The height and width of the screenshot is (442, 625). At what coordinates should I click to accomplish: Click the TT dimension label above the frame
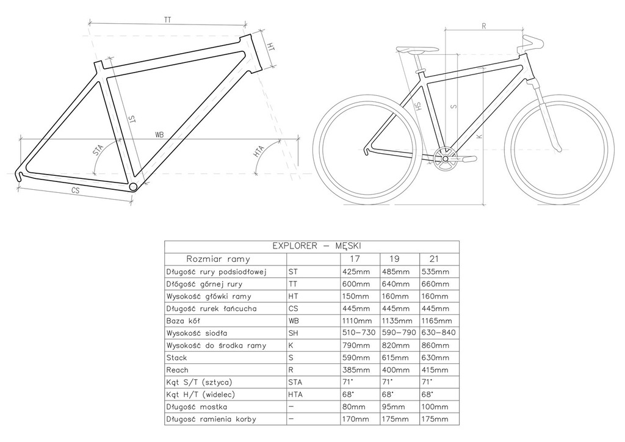coord(168,20)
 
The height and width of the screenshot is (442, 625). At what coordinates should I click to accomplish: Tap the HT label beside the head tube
coord(270,46)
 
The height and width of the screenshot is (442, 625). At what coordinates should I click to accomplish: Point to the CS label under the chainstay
coord(75,190)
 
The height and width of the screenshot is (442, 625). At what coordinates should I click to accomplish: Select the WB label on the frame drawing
coord(159,135)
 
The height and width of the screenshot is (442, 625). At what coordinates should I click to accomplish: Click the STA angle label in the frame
coord(98,150)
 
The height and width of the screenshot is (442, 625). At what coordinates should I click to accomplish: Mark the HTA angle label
coord(259,152)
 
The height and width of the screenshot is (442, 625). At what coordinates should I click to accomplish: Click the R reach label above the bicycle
coord(484,26)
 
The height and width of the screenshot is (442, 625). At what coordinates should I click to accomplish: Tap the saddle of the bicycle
coord(417,50)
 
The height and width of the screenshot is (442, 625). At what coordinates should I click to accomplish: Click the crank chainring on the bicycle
coord(445,159)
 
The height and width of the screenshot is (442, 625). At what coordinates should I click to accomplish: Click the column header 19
coord(394,259)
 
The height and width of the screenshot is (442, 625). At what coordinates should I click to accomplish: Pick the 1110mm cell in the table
coord(356,321)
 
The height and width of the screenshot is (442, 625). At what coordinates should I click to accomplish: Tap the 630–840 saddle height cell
coord(438,333)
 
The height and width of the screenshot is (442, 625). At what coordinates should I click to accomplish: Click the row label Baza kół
coord(183,321)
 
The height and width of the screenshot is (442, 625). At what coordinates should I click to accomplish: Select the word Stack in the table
coord(176,358)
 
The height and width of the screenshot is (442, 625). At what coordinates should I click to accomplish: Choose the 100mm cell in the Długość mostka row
coord(435,407)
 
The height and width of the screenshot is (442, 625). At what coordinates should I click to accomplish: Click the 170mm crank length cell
coord(356,419)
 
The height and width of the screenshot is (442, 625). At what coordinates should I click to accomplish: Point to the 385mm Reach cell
coord(356,370)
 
